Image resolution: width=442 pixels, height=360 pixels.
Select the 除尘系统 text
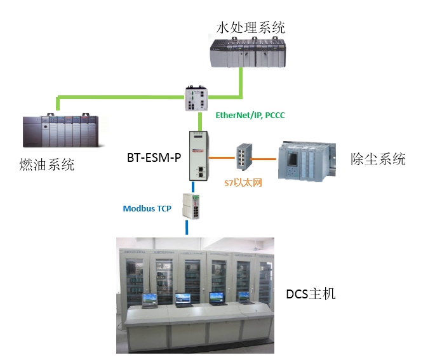click(378, 159)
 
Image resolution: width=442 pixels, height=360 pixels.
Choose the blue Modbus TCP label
click(147, 208)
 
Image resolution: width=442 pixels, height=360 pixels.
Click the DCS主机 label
click(311, 293)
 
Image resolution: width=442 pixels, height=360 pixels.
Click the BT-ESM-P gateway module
click(198, 155)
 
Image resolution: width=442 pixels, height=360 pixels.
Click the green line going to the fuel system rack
click(114, 97)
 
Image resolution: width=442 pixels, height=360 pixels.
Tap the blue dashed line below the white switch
click(187, 227)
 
